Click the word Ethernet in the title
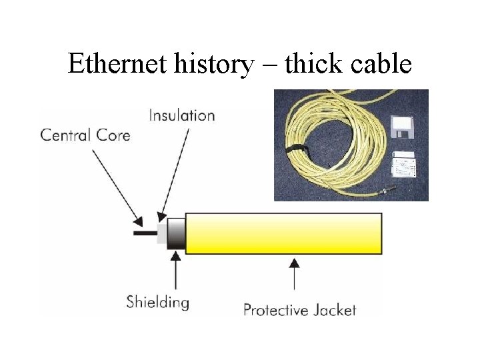tap(111, 65)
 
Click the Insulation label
tap(182, 115)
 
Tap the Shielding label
tap(158, 302)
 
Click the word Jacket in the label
tap(335, 310)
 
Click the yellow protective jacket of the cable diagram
tap(283, 233)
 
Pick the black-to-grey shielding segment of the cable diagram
tap(176, 233)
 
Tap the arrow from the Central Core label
tap(117, 186)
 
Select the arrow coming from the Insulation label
tap(174, 173)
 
